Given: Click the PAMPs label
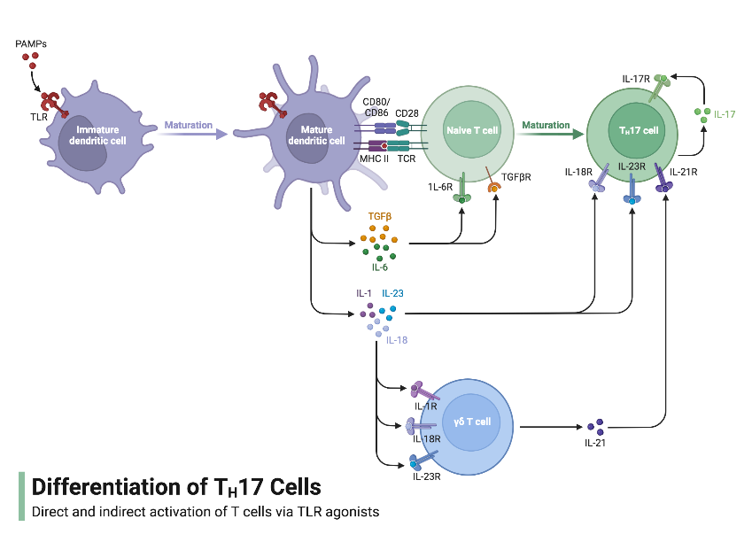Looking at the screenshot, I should click(x=31, y=43).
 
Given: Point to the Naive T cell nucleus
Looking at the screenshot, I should click(x=472, y=129).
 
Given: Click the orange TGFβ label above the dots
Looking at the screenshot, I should click(x=380, y=215).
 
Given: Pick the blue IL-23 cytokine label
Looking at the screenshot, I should click(x=393, y=293).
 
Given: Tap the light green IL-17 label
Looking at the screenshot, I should click(x=725, y=114).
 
